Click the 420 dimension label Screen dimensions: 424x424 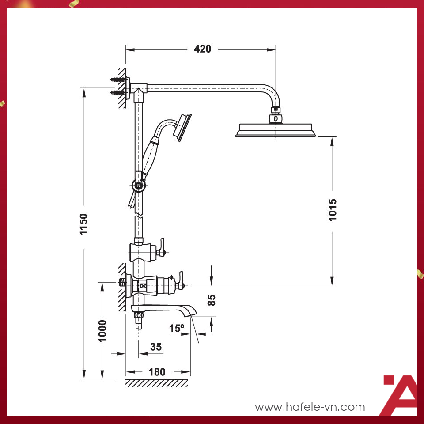[203, 49]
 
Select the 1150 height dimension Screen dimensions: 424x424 [84, 224]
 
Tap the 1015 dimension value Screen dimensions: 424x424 [333, 210]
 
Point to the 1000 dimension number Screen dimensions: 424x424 [102, 330]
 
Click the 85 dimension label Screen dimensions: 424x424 [212, 300]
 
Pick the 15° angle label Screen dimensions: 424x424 [176, 329]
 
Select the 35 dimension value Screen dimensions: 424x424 [156, 347]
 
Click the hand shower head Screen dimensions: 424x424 [182, 127]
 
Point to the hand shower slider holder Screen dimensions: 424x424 [139, 185]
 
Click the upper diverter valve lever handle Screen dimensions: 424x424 [162, 247]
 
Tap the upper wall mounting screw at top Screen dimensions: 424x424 [116, 80]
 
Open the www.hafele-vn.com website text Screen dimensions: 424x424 [310, 407]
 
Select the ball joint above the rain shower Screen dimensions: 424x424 [276, 118]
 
